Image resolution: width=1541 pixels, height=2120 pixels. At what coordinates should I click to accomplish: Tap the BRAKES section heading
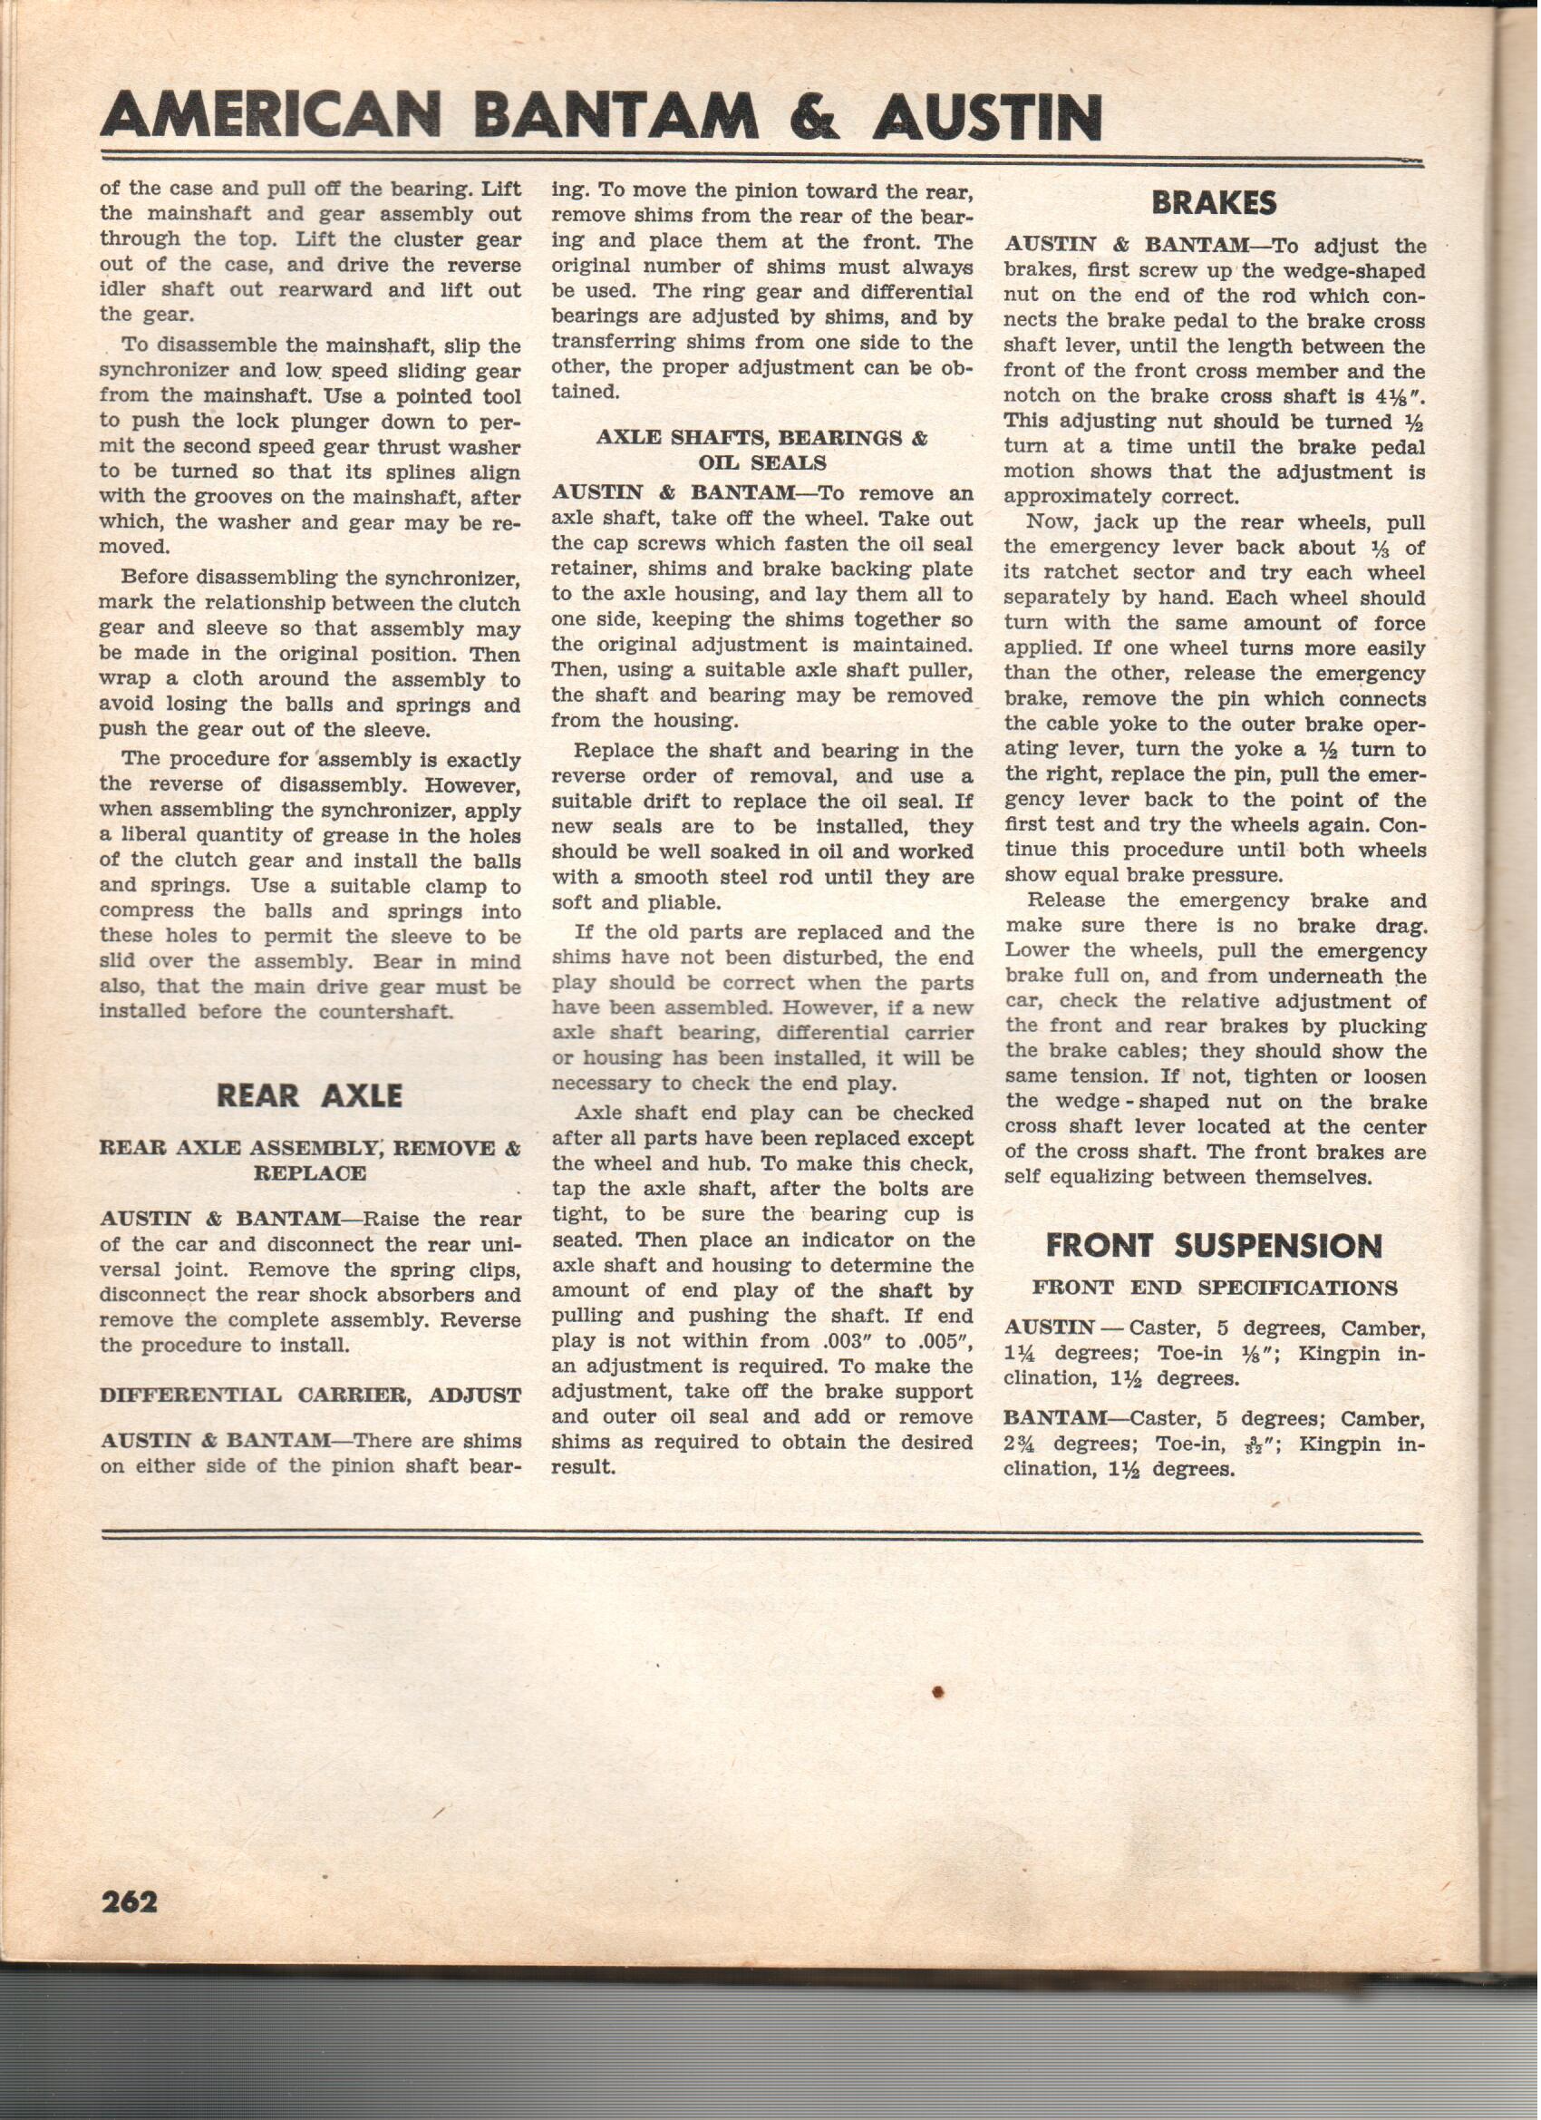1214,203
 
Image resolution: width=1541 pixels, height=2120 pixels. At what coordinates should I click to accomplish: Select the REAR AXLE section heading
309,1094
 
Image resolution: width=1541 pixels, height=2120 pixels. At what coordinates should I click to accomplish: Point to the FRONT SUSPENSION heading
1213,1245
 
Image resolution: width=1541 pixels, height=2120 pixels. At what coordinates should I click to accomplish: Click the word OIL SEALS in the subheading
761,462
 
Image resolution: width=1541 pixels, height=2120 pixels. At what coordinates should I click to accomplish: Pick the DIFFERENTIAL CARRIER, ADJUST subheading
309,1396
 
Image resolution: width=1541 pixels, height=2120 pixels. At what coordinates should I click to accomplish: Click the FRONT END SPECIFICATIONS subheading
1214,1289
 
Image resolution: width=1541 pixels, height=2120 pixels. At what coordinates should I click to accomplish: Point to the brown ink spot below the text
938,1691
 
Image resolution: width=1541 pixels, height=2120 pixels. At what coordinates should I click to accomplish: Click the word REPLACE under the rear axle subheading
309,1174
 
